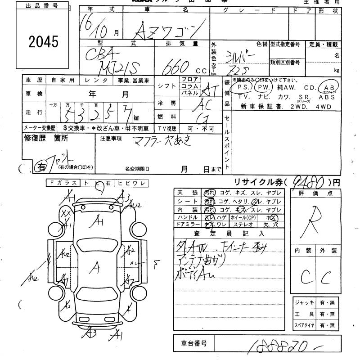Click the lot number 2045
tap(43, 42)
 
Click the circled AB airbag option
tap(326, 87)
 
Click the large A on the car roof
tap(95, 268)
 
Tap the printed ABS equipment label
tap(327, 97)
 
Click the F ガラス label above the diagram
tap(63, 183)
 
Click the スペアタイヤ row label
tap(303, 324)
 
